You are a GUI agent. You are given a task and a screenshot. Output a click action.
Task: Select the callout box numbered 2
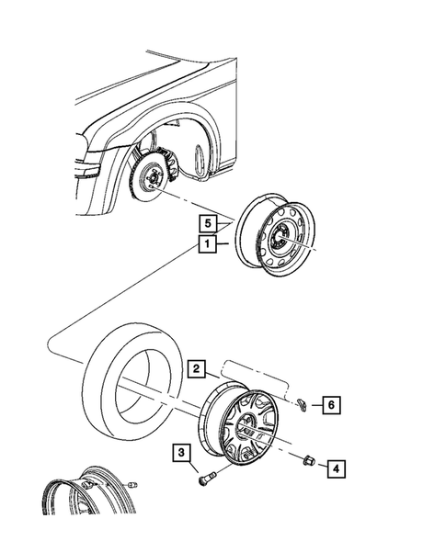pyautogui.click(x=196, y=369)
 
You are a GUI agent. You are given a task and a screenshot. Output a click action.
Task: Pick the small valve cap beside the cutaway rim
pyautogui.click(x=133, y=484)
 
